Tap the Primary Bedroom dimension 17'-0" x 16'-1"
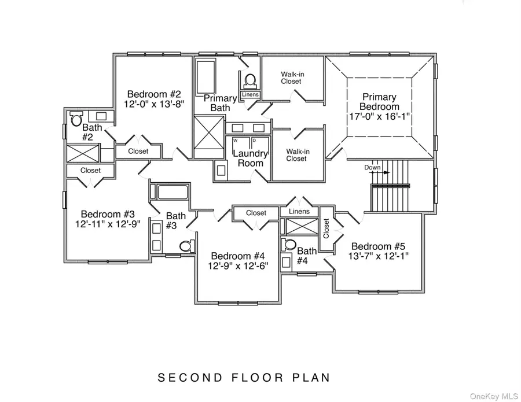pos(380,117)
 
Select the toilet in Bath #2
pos(76,120)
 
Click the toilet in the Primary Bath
pos(250,80)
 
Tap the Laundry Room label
pos(250,158)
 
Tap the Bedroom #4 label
pos(238,256)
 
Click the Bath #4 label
pos(306,255)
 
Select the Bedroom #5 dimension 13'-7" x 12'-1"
pos(380,255)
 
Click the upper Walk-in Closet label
pos(291,78)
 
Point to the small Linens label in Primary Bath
pos(250,94)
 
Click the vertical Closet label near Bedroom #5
pos(326,228)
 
